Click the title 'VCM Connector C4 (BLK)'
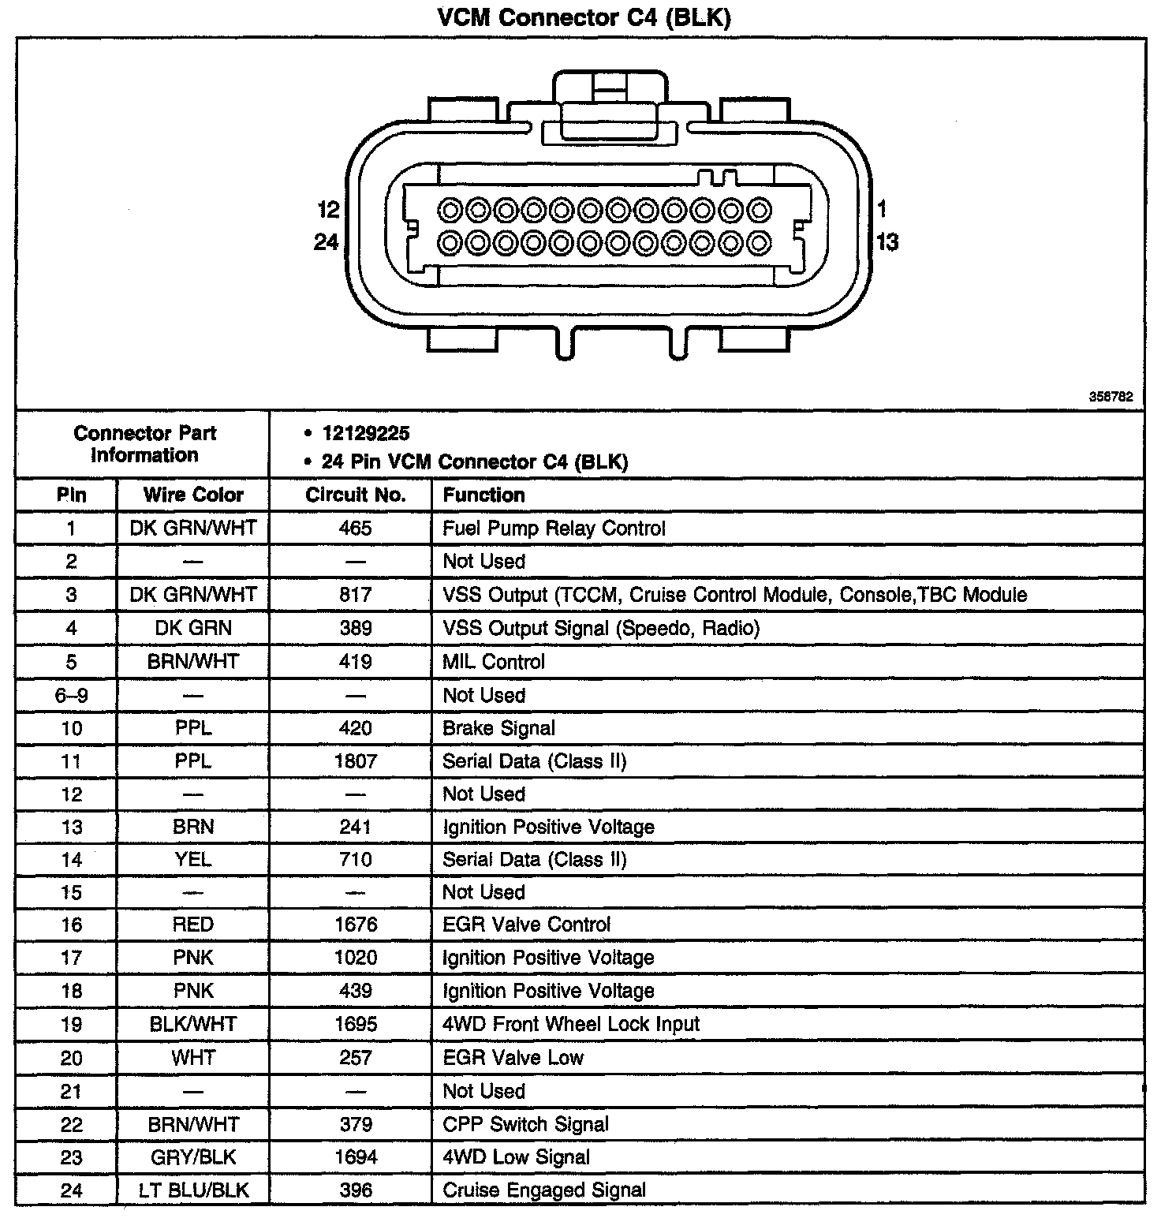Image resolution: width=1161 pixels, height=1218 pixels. (584, 17)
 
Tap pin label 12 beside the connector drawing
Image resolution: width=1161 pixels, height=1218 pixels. (328, 210)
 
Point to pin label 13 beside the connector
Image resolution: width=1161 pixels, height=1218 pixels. (887, 242)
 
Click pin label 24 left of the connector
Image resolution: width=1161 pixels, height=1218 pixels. (327, 242)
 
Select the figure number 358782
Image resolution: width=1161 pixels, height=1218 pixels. (1111, 398)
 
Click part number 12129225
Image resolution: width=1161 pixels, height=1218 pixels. (366, 433)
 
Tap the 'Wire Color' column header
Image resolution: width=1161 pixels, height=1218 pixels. (193, 495)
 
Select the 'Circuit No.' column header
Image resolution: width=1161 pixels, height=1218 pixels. (355, 495)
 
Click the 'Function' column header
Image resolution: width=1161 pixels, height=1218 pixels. (483, 495)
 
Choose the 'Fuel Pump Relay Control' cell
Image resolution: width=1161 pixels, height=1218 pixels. (554, 529)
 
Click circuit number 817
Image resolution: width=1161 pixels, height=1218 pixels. (355, 595)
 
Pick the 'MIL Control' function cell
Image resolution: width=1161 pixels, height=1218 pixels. (494, 662)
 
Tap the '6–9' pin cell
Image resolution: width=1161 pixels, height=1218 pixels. (71, 696)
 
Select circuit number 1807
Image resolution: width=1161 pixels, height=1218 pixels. (355, 761)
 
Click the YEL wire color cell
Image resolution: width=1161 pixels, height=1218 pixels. (193, 859)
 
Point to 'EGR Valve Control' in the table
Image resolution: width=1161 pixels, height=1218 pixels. (526, 925)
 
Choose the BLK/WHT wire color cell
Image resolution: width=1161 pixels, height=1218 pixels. (193, 1024)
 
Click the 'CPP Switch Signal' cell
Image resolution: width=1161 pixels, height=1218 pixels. (525, 1124)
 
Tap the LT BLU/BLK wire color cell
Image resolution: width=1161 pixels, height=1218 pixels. (193, 1190)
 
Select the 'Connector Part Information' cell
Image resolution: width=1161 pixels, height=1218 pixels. (144, 444)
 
